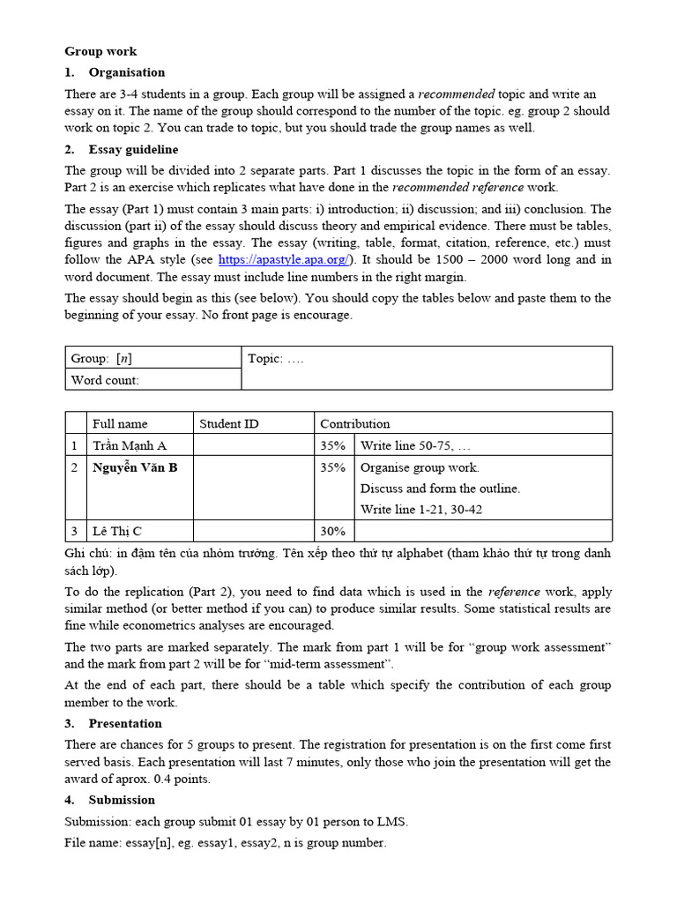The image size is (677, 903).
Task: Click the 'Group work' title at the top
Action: pyautogui.click(x=100, y=52)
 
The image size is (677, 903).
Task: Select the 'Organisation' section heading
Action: pyautogui.click(x=126, y=72)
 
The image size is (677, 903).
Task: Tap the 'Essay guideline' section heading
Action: pyautogui.click(x=133, y=150)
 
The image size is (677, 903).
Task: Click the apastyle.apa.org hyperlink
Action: pyautogui.click(x=284, y=259)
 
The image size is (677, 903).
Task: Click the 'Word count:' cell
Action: pyautogui.click(x=105, y=380)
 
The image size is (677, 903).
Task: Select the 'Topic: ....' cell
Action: pyautogui.click(x=276, y=358)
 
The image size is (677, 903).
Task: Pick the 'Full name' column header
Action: pyautogui.click(x=120, y=423)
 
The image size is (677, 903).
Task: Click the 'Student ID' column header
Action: pyautogui.click(x=229, y=423)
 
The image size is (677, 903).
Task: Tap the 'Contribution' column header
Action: pyautogui.click(x=354, y=423)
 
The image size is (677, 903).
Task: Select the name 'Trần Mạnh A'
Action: pyautogui.click(x=129, y=445)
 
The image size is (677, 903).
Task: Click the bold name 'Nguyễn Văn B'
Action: pyautogui.click(x=135, y=467)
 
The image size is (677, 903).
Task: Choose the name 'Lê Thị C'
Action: pyautogui.click(x=117, y=531)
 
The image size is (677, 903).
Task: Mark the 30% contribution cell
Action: pyautogui.click(x=332, y=531)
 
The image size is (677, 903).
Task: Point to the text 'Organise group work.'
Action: pyautogui.click(x=420, y=467)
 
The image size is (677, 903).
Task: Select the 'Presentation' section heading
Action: pyautogui.click(x=125, y=723)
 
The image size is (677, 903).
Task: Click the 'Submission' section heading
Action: pyautogui.click(x=122, y=800)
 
